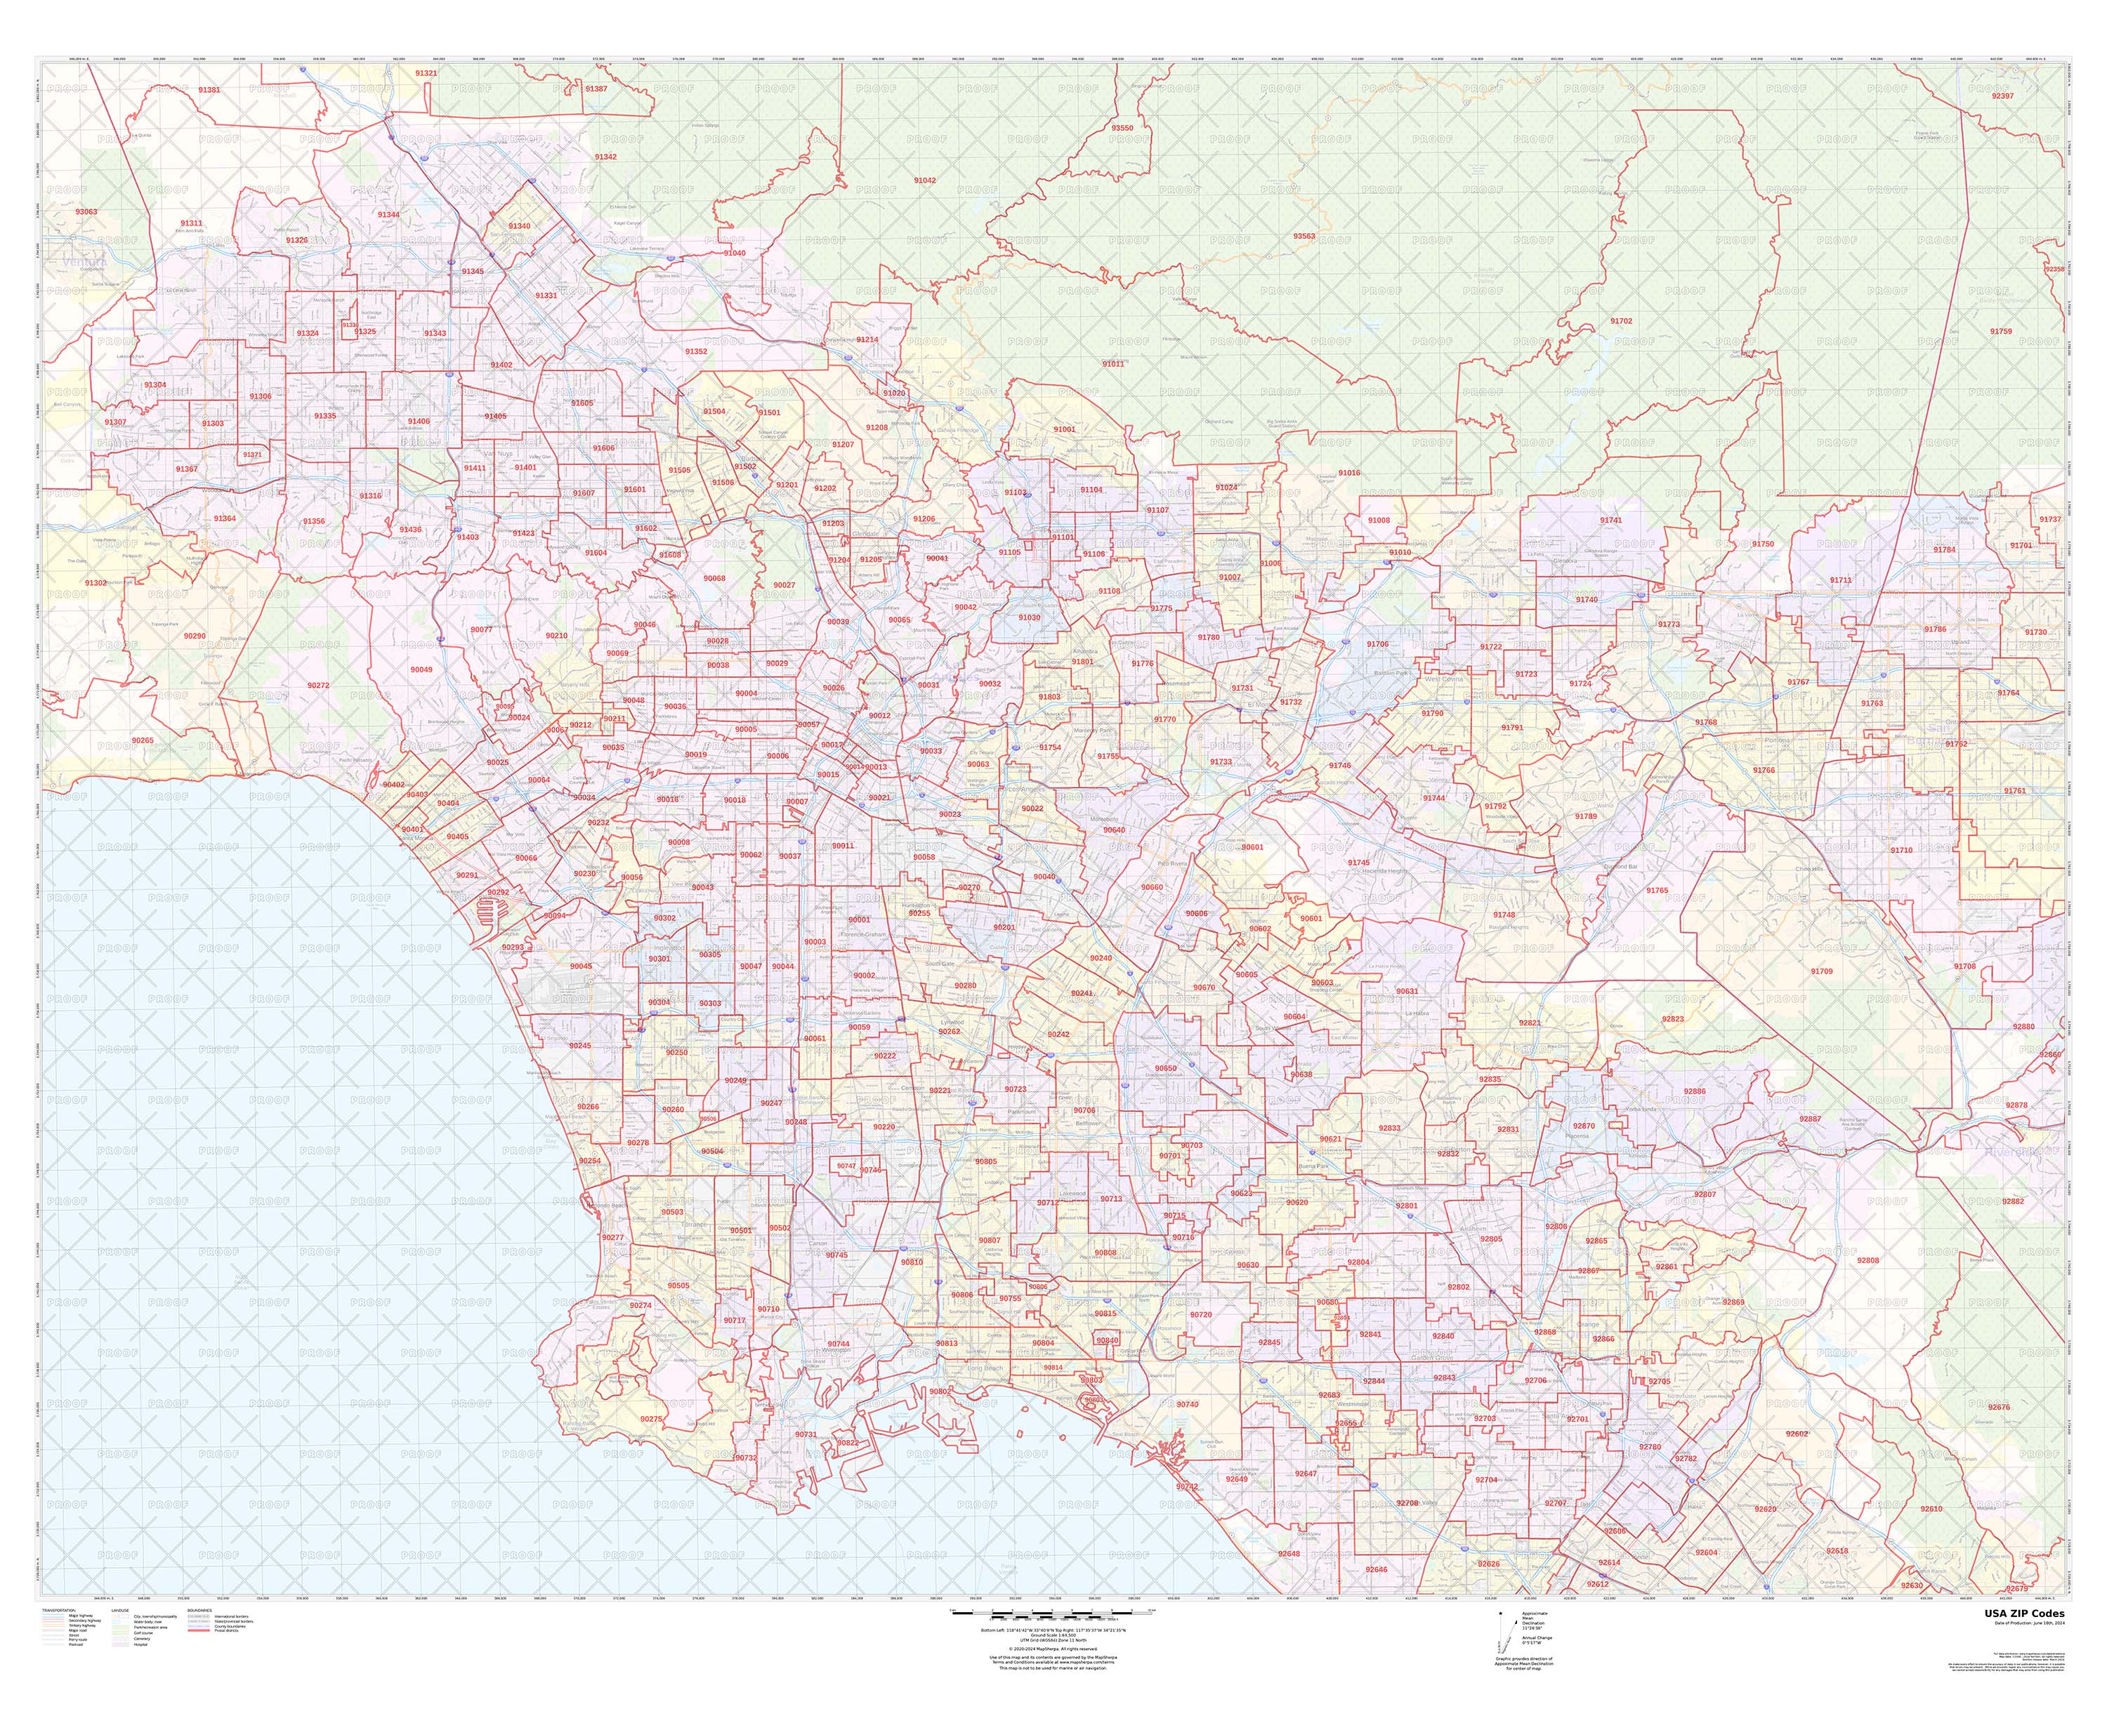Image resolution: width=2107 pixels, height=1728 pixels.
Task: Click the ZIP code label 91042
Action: point(924,180)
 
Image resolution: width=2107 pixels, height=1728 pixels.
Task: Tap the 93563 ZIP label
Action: point(1303,236)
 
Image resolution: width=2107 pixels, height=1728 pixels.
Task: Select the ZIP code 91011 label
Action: point(1112,363)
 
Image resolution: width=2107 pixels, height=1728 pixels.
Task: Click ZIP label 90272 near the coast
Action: point(317,685)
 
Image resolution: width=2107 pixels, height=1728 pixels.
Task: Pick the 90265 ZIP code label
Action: point(143,740)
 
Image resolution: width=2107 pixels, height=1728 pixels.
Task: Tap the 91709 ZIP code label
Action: point(1820,971)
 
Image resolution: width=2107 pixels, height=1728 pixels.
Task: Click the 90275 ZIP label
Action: point(651,1418)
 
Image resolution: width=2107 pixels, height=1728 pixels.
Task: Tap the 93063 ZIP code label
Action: point(86,212)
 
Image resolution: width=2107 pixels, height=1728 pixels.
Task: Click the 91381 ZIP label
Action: point(209,90)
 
